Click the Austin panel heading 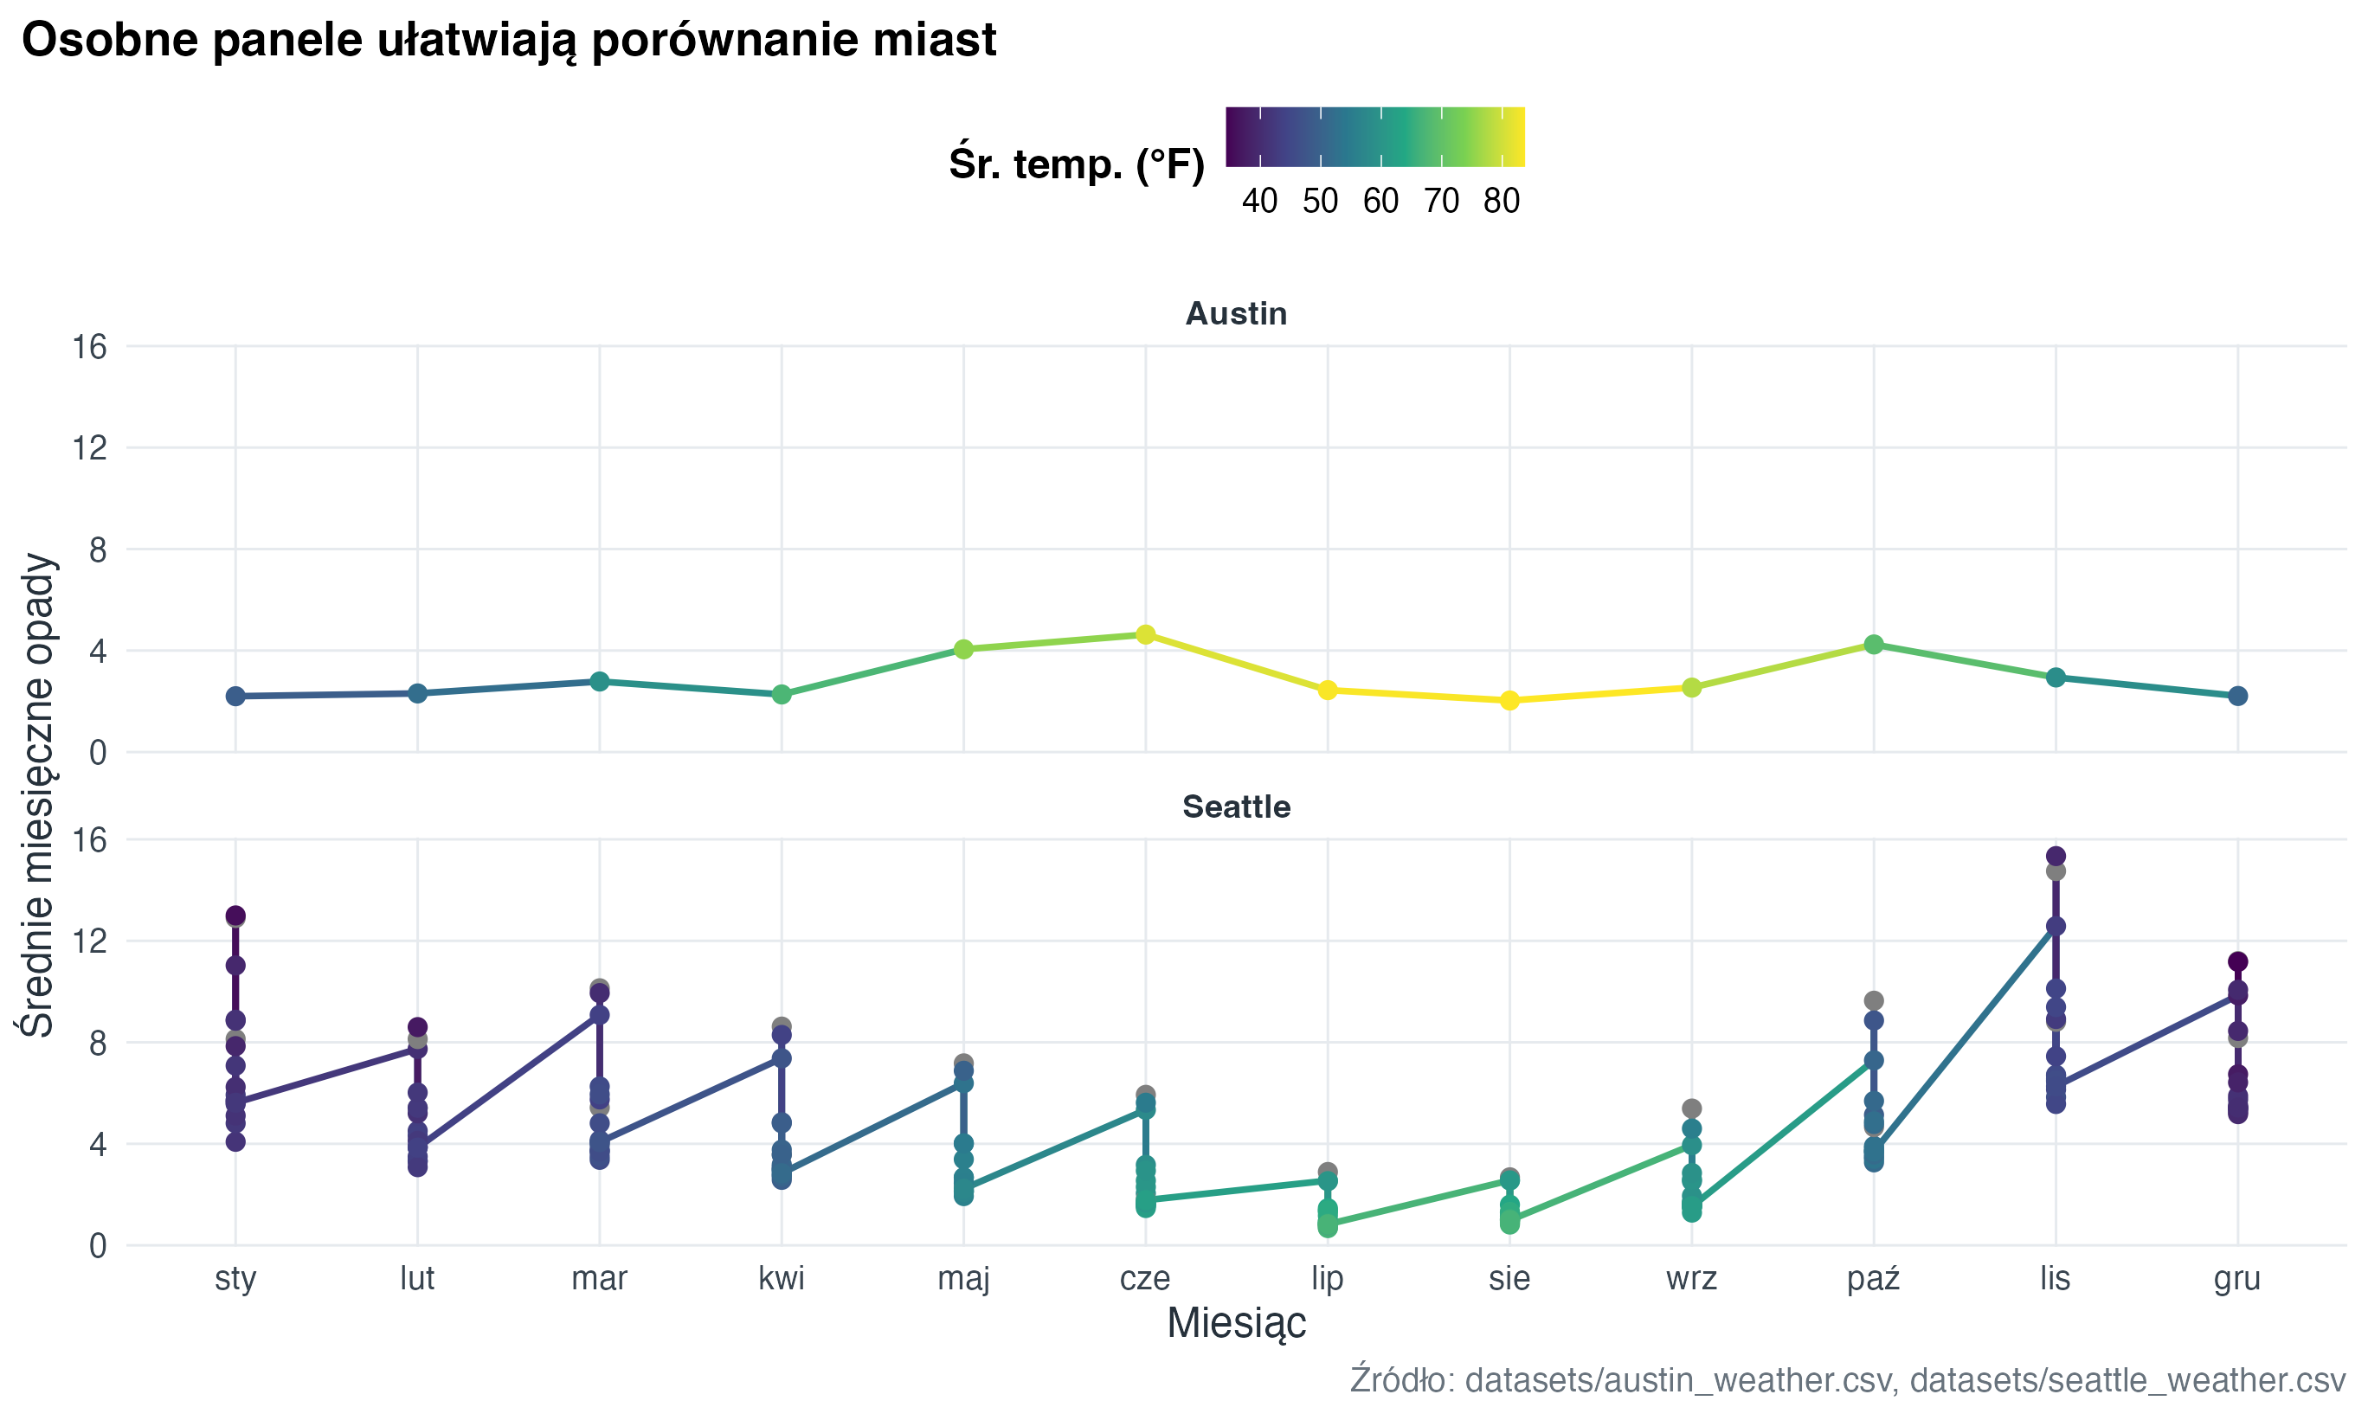[1235, 314]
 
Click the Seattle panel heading [1235, 806]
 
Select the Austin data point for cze [1145, 634]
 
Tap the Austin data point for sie [1509, 700]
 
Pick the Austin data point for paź [1873, 645]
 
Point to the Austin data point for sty [235, 696]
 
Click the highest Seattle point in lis [2056, 857]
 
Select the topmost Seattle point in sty [235, 916]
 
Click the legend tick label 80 [1501, 201]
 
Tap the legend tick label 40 [1259, 201]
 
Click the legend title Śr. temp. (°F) [1077, 164]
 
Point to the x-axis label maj [963, 1278]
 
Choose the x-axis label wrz [1690, 1278]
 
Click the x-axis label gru [2237, 1278]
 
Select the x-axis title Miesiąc [1235, 1323]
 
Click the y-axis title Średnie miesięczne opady [38, 794]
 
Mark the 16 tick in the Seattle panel [89, 840]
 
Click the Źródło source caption [1847, 1380]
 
